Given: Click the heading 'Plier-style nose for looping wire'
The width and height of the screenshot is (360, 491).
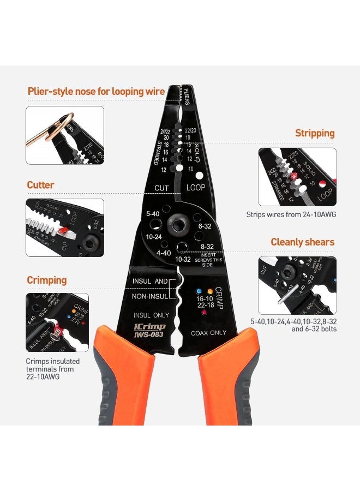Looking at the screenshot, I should (x=96, y=91).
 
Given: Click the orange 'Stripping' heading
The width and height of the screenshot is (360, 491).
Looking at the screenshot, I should (x=315, y=133).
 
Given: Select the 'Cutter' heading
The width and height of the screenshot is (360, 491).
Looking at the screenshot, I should (x=40, y=185).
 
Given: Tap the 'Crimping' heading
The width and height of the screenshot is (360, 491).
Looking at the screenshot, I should (x=46, y=280).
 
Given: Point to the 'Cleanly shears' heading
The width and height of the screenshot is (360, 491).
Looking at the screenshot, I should (x=302, y=242).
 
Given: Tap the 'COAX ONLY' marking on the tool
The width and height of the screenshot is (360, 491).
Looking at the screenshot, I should (x=208, y=333).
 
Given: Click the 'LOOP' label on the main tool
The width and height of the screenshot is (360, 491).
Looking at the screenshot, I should (x=195, y=188).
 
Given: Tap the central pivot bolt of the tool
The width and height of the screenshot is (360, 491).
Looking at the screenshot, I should (x=177, y=224).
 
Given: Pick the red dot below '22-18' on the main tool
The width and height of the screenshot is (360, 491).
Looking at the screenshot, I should (x=204, y=313).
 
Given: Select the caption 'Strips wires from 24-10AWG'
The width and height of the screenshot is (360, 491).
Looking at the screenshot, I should (x=291, y=214).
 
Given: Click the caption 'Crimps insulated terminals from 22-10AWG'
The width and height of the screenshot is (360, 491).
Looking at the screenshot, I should (x=52, y=369).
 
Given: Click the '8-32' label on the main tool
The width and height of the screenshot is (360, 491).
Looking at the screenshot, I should (x=207, y=246).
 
